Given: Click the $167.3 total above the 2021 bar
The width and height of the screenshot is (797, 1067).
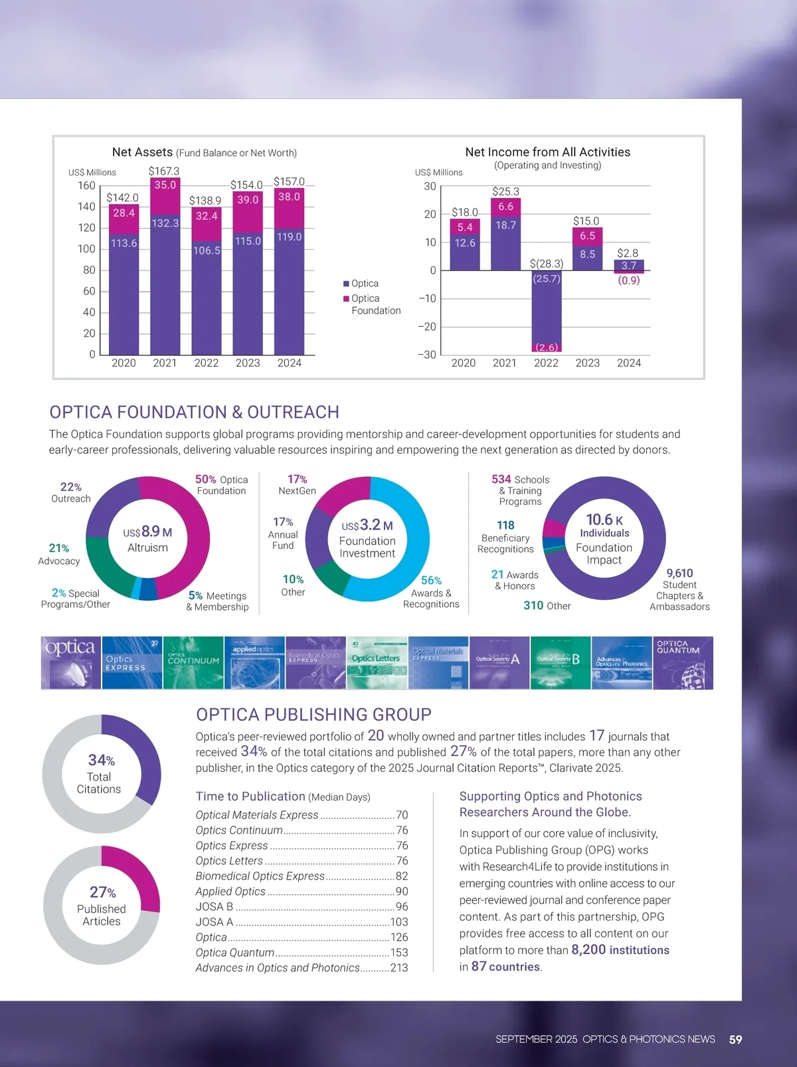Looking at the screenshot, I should pos(164,171).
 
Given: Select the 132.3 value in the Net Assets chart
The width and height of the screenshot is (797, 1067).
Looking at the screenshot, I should pos(165,223).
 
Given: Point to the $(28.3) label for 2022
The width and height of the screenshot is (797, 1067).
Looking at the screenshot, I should pos(546,264).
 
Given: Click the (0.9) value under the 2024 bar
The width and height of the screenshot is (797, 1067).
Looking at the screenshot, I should pos(628,280).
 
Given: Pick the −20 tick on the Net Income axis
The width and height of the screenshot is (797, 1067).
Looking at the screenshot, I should pos(427,327).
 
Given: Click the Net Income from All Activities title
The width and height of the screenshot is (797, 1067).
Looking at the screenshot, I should pos(547,152).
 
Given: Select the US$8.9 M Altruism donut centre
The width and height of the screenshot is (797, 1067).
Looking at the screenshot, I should pos(147,539).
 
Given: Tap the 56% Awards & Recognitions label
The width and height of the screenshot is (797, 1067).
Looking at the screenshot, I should pos(431,591).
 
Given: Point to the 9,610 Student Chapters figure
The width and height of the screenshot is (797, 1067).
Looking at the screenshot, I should pos(679,573).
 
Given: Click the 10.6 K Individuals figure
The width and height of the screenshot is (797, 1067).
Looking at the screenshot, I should pos(604,525).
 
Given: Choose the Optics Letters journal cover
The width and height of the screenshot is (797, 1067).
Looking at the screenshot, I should pos(377,663).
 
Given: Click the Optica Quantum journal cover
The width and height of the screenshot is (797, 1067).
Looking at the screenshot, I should pos(683,663).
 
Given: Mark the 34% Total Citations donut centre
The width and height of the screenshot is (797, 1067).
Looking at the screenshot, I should pos(100,774).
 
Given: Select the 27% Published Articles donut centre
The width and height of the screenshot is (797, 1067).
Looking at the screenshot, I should pos(102,906).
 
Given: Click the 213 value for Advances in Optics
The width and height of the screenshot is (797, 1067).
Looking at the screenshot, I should pos(399,968).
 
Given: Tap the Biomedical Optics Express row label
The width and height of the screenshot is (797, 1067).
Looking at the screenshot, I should pos(260,876).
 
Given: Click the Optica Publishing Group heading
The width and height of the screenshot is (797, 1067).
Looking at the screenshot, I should pos(313,715).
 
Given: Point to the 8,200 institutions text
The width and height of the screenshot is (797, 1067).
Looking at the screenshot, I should pos(620,950).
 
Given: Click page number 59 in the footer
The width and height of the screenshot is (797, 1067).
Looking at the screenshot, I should pos(735,1040).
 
